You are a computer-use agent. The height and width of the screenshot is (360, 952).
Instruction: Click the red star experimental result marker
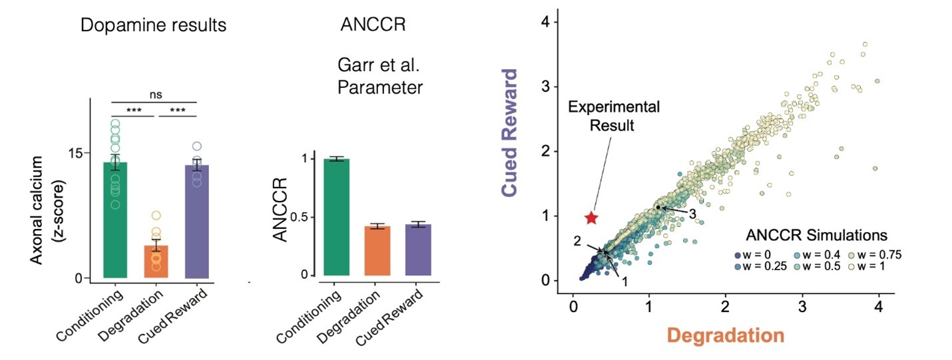pos(591,218)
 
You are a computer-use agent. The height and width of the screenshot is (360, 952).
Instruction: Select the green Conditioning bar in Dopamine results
pos(115,220)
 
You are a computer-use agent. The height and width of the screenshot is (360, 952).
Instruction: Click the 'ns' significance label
pos(156,95)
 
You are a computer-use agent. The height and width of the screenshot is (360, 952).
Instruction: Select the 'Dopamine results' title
pos(153,26)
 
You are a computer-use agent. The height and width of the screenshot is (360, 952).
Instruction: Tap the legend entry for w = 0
pos(737,255)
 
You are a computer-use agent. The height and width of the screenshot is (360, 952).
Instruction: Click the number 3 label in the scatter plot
pos(693,214)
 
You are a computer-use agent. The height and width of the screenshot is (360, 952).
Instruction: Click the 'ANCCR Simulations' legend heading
pos(816,236)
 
